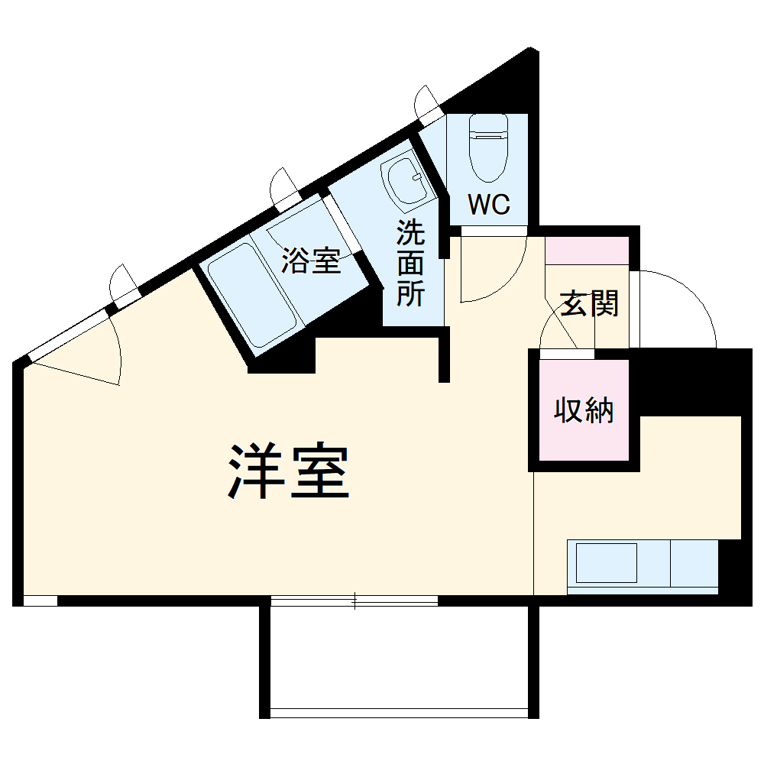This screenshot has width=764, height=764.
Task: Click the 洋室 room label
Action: pos(288,472)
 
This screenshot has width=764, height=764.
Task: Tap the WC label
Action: pos(488,205)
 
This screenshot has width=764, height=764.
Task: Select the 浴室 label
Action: pos(310,261)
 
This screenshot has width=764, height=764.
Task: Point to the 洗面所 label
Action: pos(410,264)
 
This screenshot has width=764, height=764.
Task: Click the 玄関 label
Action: pos(589,304)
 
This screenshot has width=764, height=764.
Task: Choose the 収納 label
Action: pos(584,411)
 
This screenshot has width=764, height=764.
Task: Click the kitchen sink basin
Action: pos(607,563)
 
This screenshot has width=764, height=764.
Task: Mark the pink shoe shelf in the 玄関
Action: pos(587,251)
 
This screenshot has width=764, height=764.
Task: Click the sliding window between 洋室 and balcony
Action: pos(354,601)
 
